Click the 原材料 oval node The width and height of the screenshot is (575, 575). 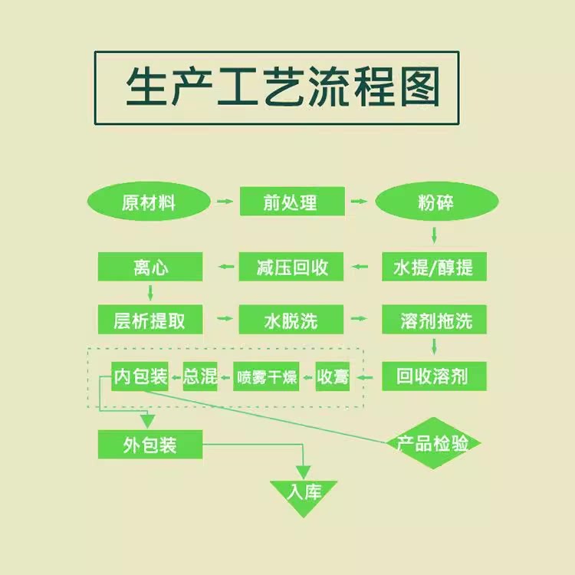point(149,202)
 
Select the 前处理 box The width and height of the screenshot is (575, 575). point(290,202)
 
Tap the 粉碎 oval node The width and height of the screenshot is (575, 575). point(435,202)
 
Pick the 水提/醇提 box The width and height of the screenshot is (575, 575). point(434,267)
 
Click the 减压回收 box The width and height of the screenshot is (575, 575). point(292,267)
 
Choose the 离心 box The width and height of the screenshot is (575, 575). point(150,267)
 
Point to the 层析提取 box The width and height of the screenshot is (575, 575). point(150,319)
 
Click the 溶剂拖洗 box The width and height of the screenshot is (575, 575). point(434,319)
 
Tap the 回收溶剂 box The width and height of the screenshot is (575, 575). point(434,376)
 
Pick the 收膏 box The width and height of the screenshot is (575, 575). point(333,376)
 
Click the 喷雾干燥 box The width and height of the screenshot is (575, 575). point(266,376)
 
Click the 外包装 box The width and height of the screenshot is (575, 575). point(150,445)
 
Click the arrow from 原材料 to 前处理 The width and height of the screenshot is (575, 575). point(225,202)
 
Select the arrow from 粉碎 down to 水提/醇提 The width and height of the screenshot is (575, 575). point(434,235)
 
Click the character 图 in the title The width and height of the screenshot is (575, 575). point(419,87)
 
